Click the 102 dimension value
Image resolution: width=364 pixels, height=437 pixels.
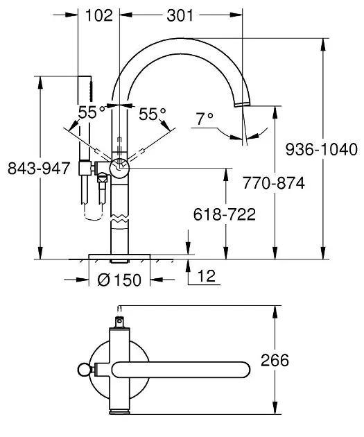tap(99, 15)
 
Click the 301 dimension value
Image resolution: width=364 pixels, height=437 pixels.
tap(180, 15)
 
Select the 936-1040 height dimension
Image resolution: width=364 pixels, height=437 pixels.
tap(322, 149)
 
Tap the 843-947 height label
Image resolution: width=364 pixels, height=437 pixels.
tap(39, 169)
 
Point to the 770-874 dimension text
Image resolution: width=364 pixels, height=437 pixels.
tap(274, 183)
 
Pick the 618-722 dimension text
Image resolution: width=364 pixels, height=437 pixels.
tap(225, 214)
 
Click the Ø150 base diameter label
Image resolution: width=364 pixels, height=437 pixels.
tap(119, 280)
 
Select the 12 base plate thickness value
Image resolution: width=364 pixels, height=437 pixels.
tap(207, 276)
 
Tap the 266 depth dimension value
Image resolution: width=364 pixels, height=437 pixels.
tap(275, 360)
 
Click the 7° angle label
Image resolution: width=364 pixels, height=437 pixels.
tap(205, 119)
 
